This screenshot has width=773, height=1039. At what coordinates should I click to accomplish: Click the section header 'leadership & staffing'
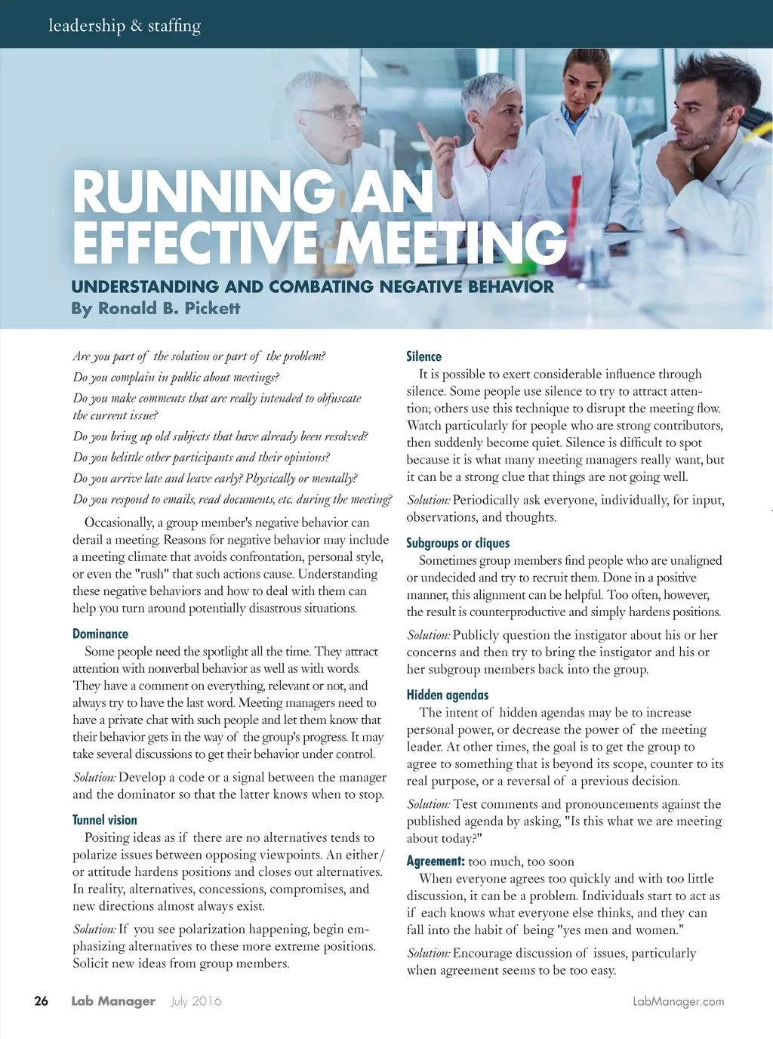[125, 26]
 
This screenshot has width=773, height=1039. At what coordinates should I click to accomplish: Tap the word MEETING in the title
[451, 242]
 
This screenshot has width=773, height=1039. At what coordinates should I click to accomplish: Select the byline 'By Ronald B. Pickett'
[156, 308]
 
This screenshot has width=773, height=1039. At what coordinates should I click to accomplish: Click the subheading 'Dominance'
[100, 634]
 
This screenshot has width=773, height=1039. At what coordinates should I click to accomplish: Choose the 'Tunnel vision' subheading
[105, 820]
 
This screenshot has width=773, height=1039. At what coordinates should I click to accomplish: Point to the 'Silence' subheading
[423, 356]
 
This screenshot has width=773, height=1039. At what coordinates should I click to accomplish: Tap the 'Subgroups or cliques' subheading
[457, 543]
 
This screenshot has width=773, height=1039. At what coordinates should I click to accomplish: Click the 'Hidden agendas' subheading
[448, 695]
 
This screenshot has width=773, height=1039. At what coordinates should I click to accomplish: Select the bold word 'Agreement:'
[436, 861]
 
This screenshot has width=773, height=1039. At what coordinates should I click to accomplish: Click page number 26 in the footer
[41, 1001]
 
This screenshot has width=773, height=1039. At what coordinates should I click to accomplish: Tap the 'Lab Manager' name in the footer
[113, 1001]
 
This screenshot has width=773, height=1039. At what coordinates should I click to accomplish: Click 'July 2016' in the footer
[196, 1001]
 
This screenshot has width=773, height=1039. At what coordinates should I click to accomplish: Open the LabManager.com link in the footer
[678, 1001]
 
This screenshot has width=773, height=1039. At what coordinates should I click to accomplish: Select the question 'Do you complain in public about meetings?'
[176, 377]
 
